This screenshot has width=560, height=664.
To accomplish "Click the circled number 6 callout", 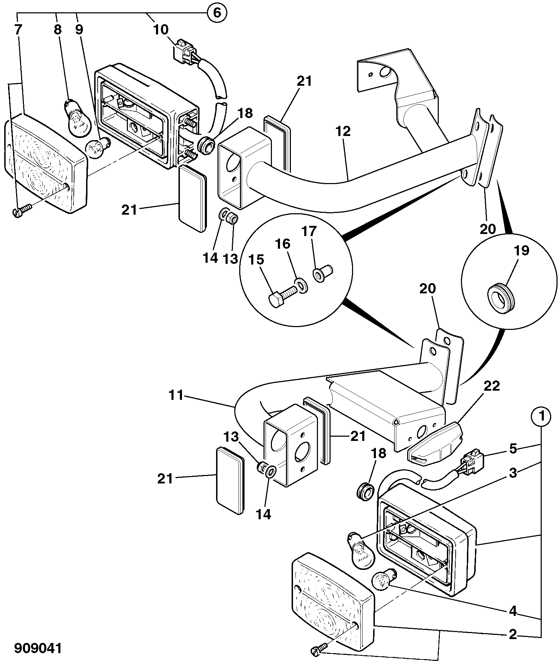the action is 217,13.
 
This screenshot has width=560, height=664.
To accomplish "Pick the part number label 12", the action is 343,131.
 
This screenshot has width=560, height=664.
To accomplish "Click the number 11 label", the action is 176,396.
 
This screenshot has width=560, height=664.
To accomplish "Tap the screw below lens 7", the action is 22,211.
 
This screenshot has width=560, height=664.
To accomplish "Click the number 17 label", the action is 309,232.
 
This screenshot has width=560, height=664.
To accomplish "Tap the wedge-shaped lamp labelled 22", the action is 435,442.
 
